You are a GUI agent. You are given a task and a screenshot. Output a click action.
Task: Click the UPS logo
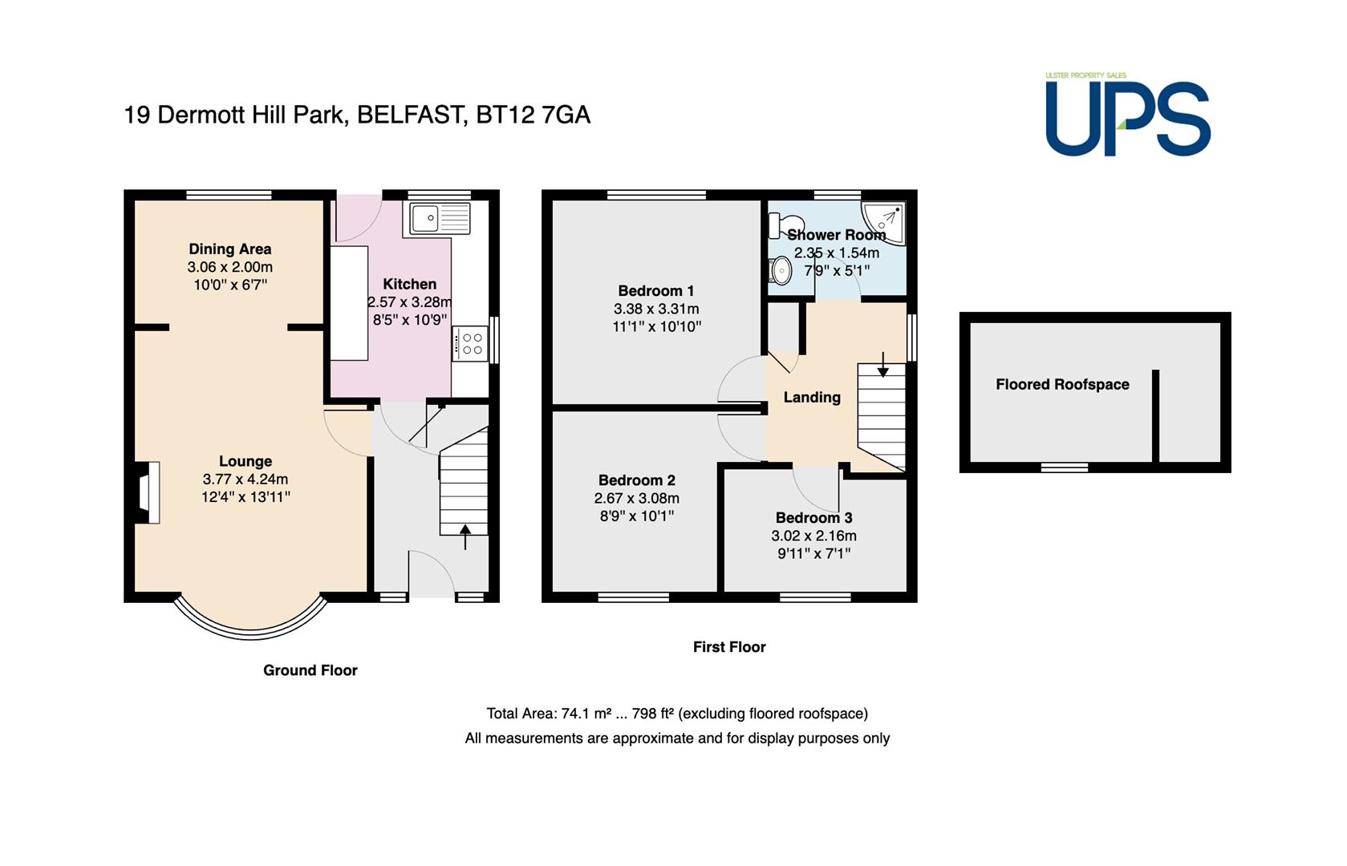[x=1127, y=114]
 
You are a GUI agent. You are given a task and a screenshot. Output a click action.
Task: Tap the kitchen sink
[x=440, y=218]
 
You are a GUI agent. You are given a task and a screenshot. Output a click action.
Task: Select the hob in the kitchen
[x=470, y=344]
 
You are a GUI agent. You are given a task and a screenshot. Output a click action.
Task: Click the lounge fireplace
[x=147, y=492]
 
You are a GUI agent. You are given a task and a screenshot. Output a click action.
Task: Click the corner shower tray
[x=884, y=223]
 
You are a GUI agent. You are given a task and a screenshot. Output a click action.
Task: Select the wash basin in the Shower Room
[x=780, y=271]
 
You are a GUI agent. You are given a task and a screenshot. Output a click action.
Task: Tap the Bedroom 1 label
[x=656, y=291]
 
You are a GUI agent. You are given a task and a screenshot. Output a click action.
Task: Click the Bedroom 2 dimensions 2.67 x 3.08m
[x=637, y=498]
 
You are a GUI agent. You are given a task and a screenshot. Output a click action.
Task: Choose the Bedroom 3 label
[x=813, y=517]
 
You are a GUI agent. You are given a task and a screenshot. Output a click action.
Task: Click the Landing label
[x=812, y=397]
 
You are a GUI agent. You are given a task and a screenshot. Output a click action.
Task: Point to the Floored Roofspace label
[x=1062, y=385]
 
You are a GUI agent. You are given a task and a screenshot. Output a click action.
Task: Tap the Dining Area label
[x=229, y=249]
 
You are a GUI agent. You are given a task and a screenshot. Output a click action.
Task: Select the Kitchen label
[x=409, y=284]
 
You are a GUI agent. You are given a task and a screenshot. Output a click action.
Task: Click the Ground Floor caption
[x=310, y=670]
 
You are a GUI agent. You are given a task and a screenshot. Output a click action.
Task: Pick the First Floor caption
[x=729, y=646]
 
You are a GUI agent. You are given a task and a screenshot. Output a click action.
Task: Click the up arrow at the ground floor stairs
[x=465, y=537]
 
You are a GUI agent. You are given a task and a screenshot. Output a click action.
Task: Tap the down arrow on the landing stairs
[x=882, y=364]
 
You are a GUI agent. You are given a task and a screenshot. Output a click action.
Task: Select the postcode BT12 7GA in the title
[x=533, y=115]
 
